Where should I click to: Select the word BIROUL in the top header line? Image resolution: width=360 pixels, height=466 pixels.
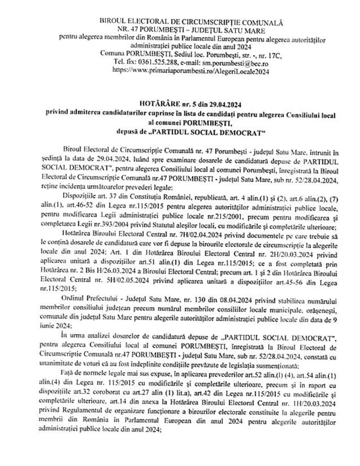116,21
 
